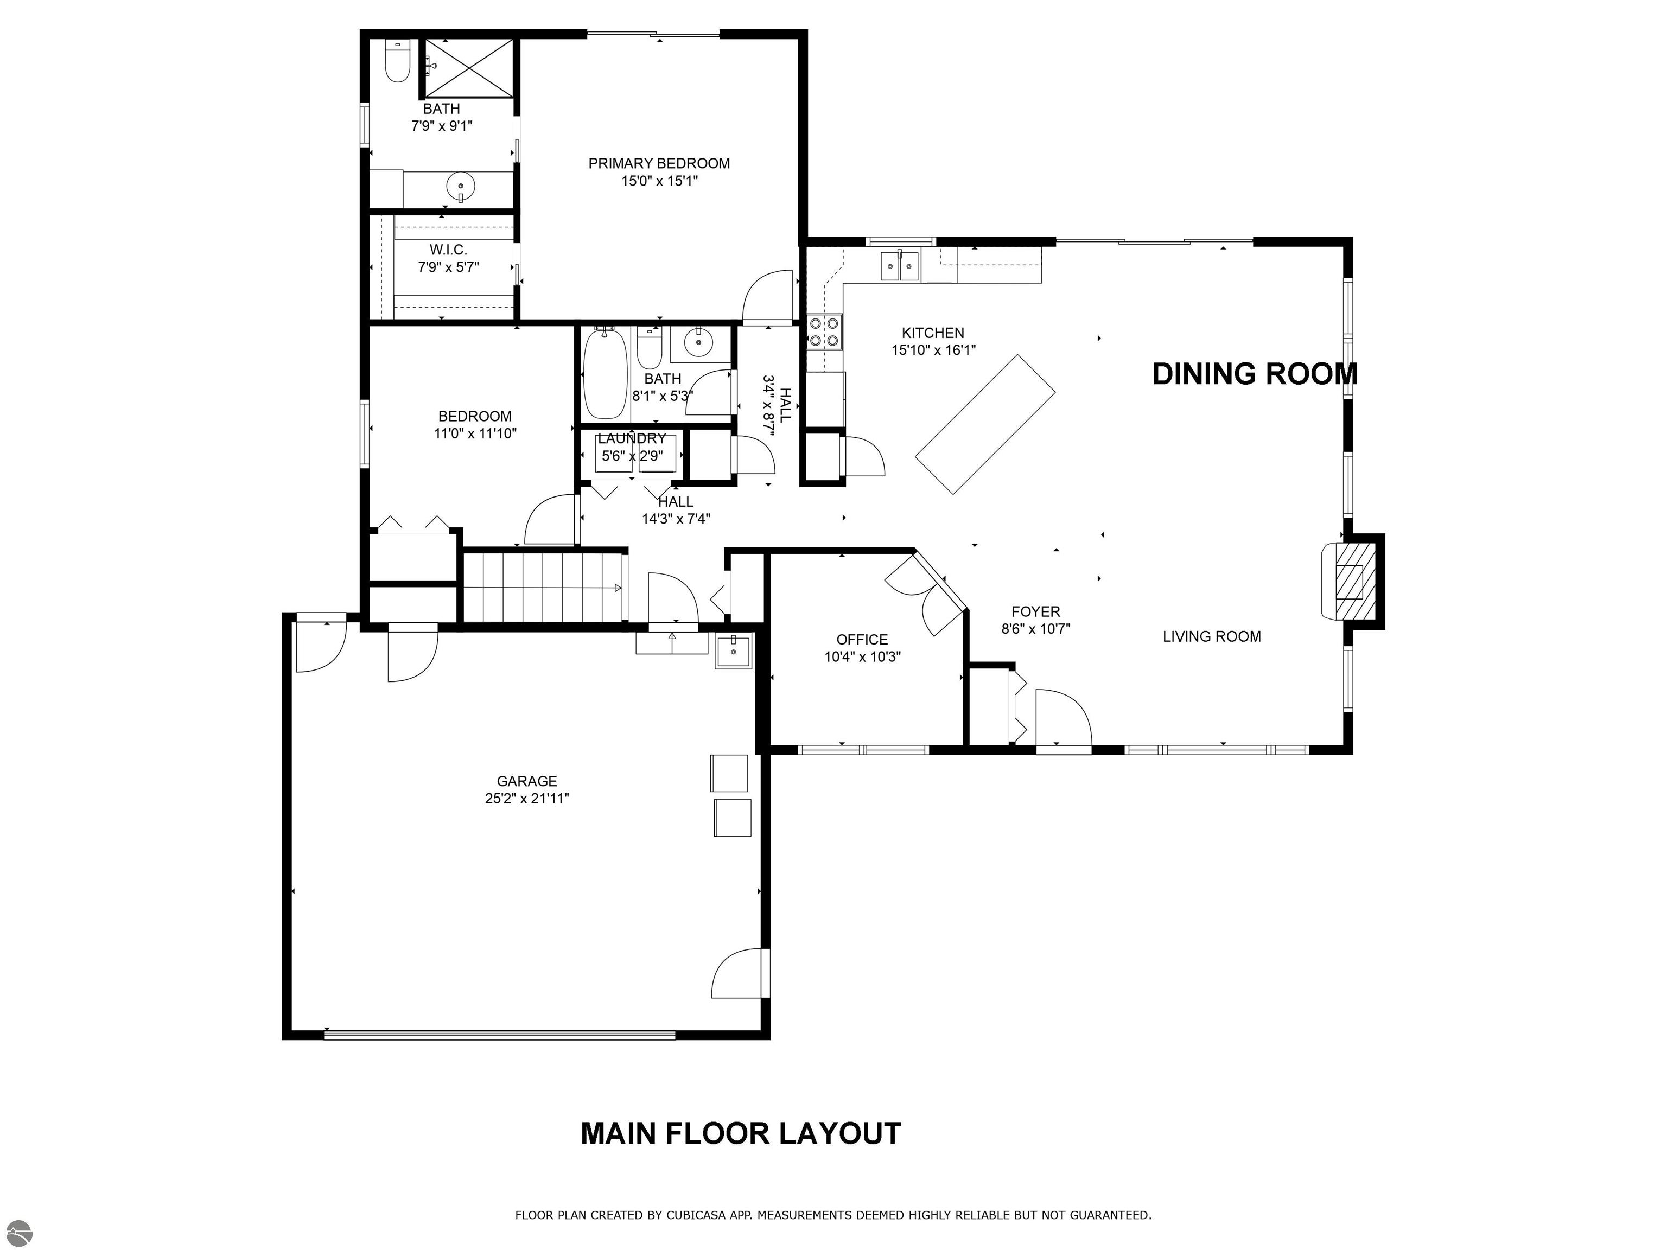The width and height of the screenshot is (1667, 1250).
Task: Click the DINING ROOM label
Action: (1254, 374)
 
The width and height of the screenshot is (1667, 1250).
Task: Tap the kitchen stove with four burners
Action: (824, 332)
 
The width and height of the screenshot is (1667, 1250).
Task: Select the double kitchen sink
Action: (901, 265)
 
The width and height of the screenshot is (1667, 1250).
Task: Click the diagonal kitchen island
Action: (985, 424)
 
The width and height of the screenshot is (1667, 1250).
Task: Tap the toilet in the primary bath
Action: (397, 62)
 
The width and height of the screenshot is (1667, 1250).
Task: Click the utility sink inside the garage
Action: (733, 650)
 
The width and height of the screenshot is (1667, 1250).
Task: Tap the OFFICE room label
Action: (862, 639)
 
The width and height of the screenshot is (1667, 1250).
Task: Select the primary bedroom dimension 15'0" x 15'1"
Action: (659, 181)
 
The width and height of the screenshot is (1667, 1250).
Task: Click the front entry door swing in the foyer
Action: (1062, 719)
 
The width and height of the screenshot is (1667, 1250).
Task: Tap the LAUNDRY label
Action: (632, 438)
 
